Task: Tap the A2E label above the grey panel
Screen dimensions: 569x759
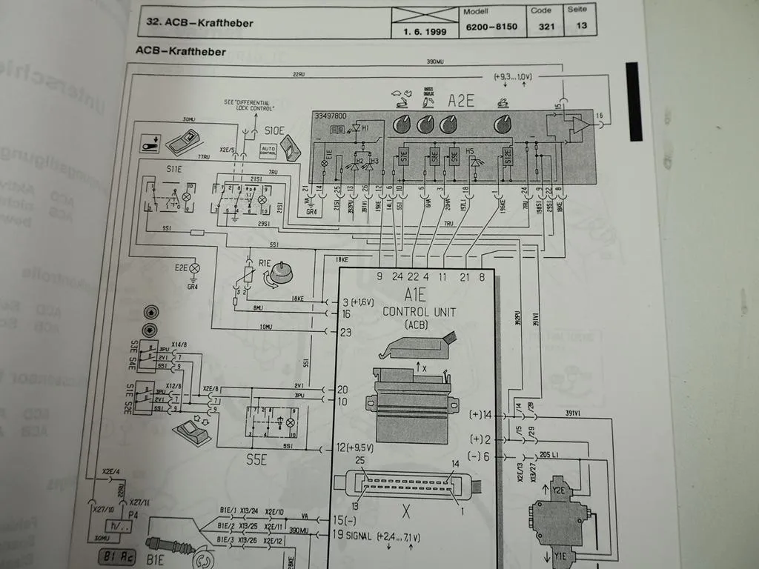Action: pos(461,100)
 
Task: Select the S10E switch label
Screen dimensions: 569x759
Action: pos(274,130)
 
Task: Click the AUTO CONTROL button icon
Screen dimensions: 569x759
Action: pos(267,150)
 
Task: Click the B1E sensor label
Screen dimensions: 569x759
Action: pos(155,560)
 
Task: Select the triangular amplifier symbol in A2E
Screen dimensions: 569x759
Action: pos(579,124)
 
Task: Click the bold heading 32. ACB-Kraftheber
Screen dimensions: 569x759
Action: pos(196,23)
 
